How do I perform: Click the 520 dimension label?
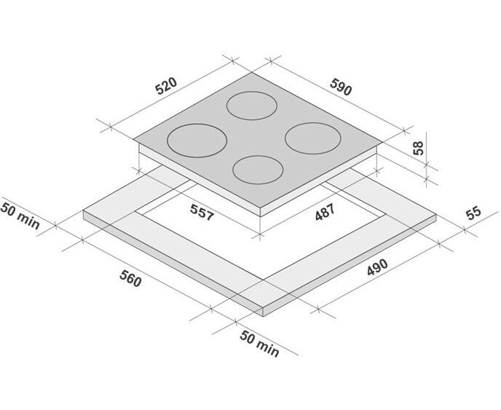coord(166,86)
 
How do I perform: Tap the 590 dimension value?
coord(341,87)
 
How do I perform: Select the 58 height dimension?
coord(418,148)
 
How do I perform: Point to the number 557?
coord(202,213)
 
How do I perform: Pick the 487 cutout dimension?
coord(325,212)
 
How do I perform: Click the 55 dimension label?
coord(473,213)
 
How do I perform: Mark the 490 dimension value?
coord(377,267)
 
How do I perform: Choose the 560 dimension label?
coord(130,278)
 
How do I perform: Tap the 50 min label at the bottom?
coord(259,344)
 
